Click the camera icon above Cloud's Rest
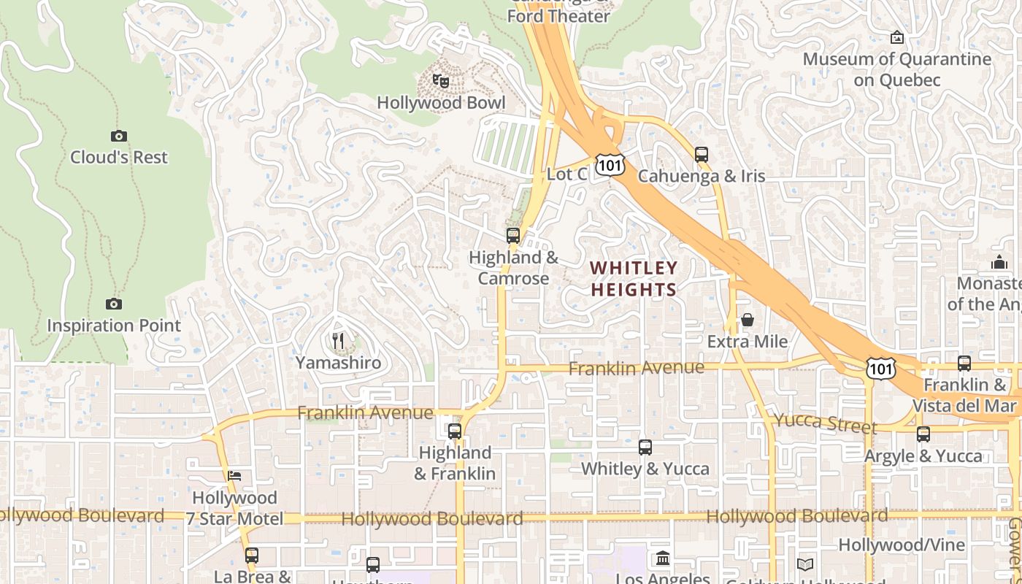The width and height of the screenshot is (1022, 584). pyautogui.click(x=119, y=136)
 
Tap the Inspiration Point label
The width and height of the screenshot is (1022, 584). pyautogui.click(x=114, y=326)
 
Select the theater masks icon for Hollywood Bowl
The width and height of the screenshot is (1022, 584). pyautogui.click(x=440, y=81)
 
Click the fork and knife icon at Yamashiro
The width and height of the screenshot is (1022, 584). pyautogui.click(x=338, y=341)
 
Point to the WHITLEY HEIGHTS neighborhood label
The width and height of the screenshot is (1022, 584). pyautogui.click(x=634, y=279)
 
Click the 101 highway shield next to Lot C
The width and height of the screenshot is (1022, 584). pyautogui.click(x=610, y=165)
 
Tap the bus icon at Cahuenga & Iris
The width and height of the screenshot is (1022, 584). pyautogui.click(x=702, y=155)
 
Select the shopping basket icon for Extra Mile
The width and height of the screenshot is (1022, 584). pyautogui.click(x=748, y=320)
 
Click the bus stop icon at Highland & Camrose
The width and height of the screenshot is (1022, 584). pyautogui.click(x=513, y=236)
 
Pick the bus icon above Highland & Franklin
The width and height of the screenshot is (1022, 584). pyautogui.click(x=455, y=431)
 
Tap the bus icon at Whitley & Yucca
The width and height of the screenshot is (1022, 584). pyautogui.click(x=645, y=447)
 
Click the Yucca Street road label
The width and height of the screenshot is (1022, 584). pyautogui.click(x=825, y=423)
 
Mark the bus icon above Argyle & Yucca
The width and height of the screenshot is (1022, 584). pyautogui.click(x=923, y=434)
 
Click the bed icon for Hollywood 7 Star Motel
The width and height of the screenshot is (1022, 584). pyautogui.click(x=234, y=476)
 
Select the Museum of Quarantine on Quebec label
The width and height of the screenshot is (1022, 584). pyautogui.click(x=897, y=69)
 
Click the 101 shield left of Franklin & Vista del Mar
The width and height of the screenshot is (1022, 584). pyautogui.click(x=881, y=369)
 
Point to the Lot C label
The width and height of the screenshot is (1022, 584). pyautogui.click(x=566, y=174)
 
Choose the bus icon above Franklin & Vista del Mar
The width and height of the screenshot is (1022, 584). pyautogui.click(x=964, y=364)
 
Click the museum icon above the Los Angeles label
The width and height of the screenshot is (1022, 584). pyautogui.click(x=663, y=558)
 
